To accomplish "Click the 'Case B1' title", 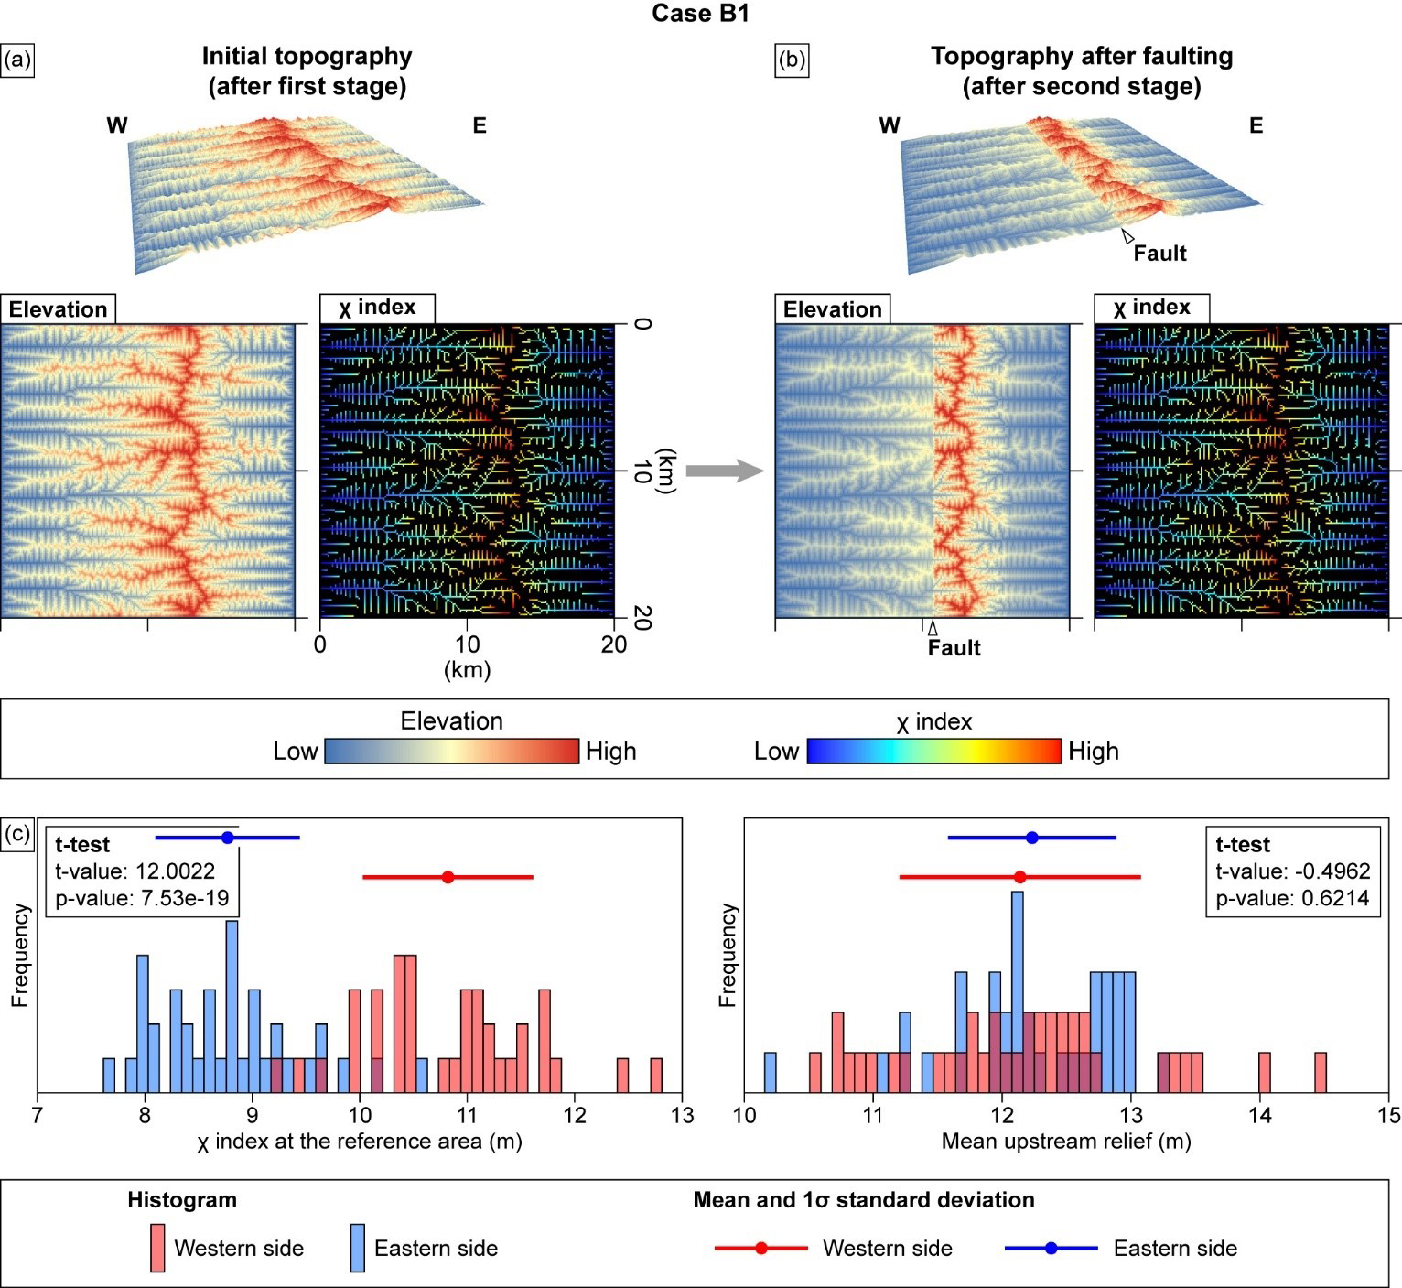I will (x=700, y=14).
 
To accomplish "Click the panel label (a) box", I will (x=18, y=60).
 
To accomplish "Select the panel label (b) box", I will (x=792, y=60).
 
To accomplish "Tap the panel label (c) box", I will (x=18, y=834).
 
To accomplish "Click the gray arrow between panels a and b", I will (x=724, y=471).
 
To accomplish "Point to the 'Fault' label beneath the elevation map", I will (x=954, y=648).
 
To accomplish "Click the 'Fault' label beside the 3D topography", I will (x=1159, y=254).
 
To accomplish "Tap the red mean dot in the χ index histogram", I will (x=448, y=877).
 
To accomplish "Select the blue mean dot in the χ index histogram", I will (x=228, y=838).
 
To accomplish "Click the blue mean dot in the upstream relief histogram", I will (x=1032, y=838).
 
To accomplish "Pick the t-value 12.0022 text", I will (x=135, y=871).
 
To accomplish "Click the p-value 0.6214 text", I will (x=1292, y=899).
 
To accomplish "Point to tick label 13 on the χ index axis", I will (x=682, y=1115).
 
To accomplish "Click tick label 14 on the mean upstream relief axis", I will (x=1260, y=1115).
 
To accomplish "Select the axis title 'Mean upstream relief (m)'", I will (x=1066, y=1142).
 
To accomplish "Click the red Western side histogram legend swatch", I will (x=157, y=1248).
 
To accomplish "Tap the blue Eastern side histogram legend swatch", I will (x=358, y=1248).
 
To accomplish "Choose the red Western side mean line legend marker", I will (x=760, y=1248).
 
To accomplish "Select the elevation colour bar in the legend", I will (x=452, y=752).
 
